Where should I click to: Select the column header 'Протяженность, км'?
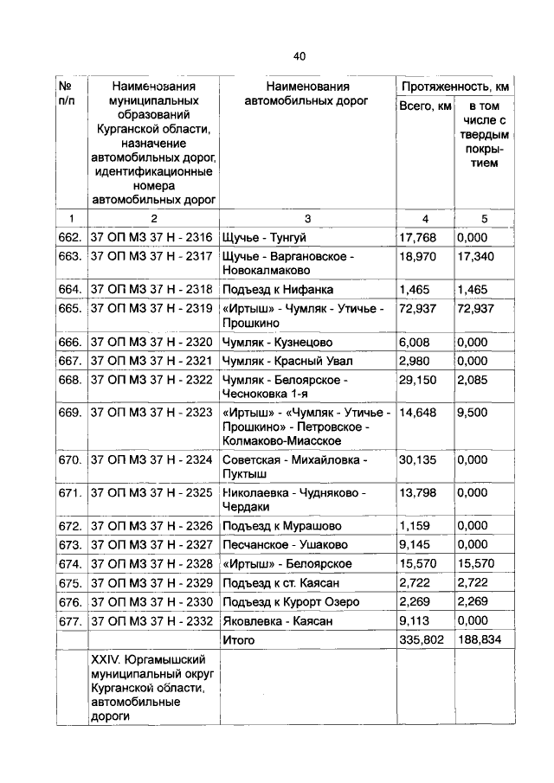tap(454, 87)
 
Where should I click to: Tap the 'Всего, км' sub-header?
tap(424, 106)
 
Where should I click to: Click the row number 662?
tap(70, 237)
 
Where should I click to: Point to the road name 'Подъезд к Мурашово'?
tap(281, 525)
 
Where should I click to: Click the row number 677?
tap(70, 620)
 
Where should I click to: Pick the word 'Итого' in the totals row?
tap(239, 640)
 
